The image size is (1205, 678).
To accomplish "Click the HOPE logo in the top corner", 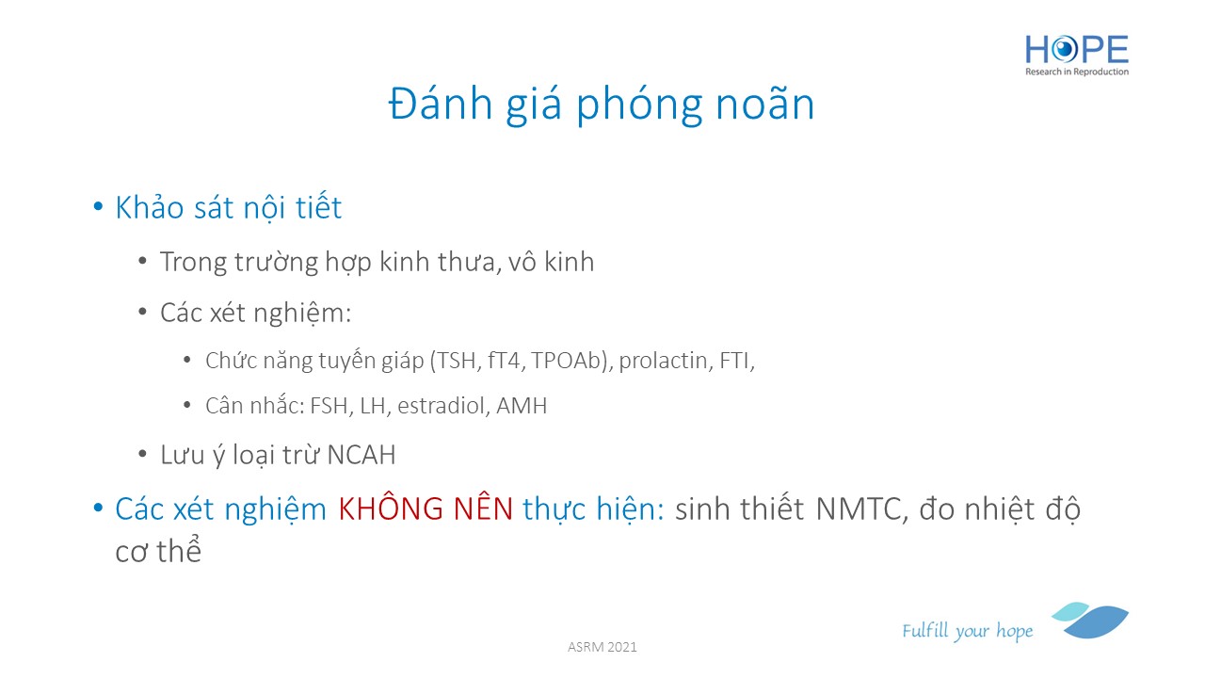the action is [x=1076, y=55].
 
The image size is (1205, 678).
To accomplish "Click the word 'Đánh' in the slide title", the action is [x=441, y=104].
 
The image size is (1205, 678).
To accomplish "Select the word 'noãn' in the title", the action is [x=765, y=104].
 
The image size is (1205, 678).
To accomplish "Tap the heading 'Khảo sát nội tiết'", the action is [x=229, y=208].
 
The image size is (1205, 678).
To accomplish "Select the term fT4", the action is [x=504, y=361].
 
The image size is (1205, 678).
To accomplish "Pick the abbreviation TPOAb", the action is [x=570, y=361].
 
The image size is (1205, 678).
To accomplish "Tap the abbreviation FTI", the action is [x=736, y=361].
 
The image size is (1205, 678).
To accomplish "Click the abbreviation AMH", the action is [x=522, y=406].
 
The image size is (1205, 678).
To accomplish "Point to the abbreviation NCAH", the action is [x=361, y=455].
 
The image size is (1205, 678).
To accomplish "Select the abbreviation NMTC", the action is [x=860, y=509].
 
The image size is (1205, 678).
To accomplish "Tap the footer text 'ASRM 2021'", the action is [x=602, y=647].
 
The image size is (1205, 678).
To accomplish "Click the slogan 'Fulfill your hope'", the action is [x=967, y=630].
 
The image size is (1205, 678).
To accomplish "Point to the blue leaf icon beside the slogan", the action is [x=1090, y=621].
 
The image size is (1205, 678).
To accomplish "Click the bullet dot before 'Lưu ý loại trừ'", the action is [x=142, y=455].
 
